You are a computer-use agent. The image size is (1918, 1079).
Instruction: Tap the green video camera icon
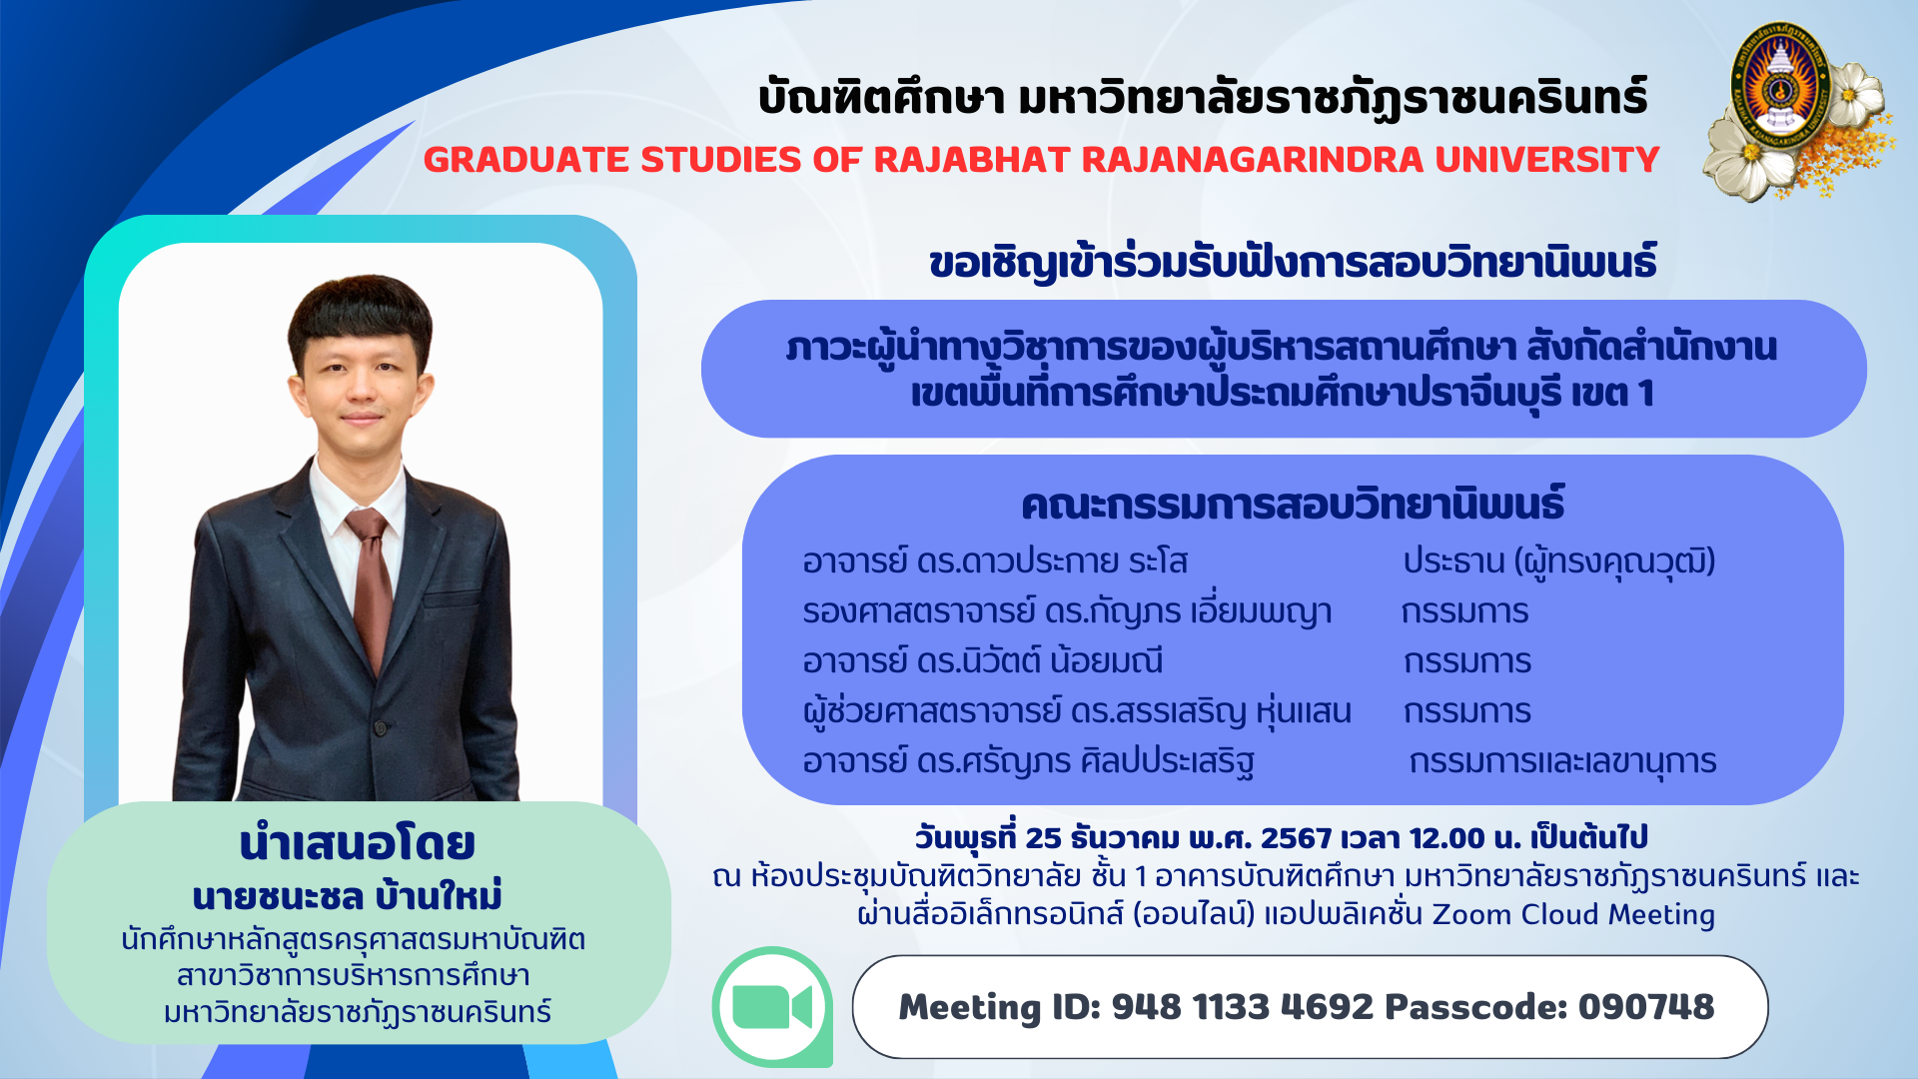coord(772,1007)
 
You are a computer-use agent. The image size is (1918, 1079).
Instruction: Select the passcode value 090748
coord(1646,1006)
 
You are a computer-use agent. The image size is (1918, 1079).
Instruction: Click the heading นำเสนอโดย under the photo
coord(357,843)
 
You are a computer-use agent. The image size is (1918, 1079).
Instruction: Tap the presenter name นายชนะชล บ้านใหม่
coord(347,896)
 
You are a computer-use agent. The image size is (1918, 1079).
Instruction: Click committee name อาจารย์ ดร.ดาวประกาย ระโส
coord(995,561)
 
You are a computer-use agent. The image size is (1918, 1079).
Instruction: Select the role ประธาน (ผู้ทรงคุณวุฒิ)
coord(1559,561)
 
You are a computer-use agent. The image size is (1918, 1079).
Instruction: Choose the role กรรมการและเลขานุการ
coord(1562,762)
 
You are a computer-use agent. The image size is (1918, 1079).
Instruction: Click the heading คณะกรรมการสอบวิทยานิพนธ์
coord(1293,505)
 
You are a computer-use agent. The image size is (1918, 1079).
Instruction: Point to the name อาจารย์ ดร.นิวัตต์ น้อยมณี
coord(983,661)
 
